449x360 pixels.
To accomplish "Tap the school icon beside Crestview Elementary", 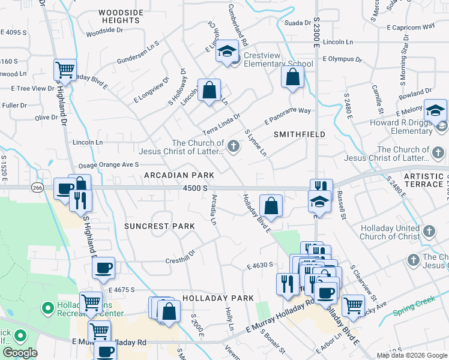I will (228, 52).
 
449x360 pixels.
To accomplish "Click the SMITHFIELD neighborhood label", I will (300, 134).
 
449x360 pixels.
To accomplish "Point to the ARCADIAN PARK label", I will (179, 175).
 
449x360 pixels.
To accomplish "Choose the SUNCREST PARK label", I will (160, 226).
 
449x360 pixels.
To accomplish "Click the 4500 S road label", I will (196, 188).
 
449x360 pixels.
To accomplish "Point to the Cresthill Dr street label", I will (181, 260).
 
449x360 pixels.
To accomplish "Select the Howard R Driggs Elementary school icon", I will (435, 111).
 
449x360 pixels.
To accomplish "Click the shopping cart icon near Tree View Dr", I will (65, 70).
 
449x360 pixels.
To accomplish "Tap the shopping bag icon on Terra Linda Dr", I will (209, 91).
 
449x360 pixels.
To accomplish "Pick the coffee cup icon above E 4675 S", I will (104, 268).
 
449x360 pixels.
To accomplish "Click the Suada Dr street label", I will (297, 23).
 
